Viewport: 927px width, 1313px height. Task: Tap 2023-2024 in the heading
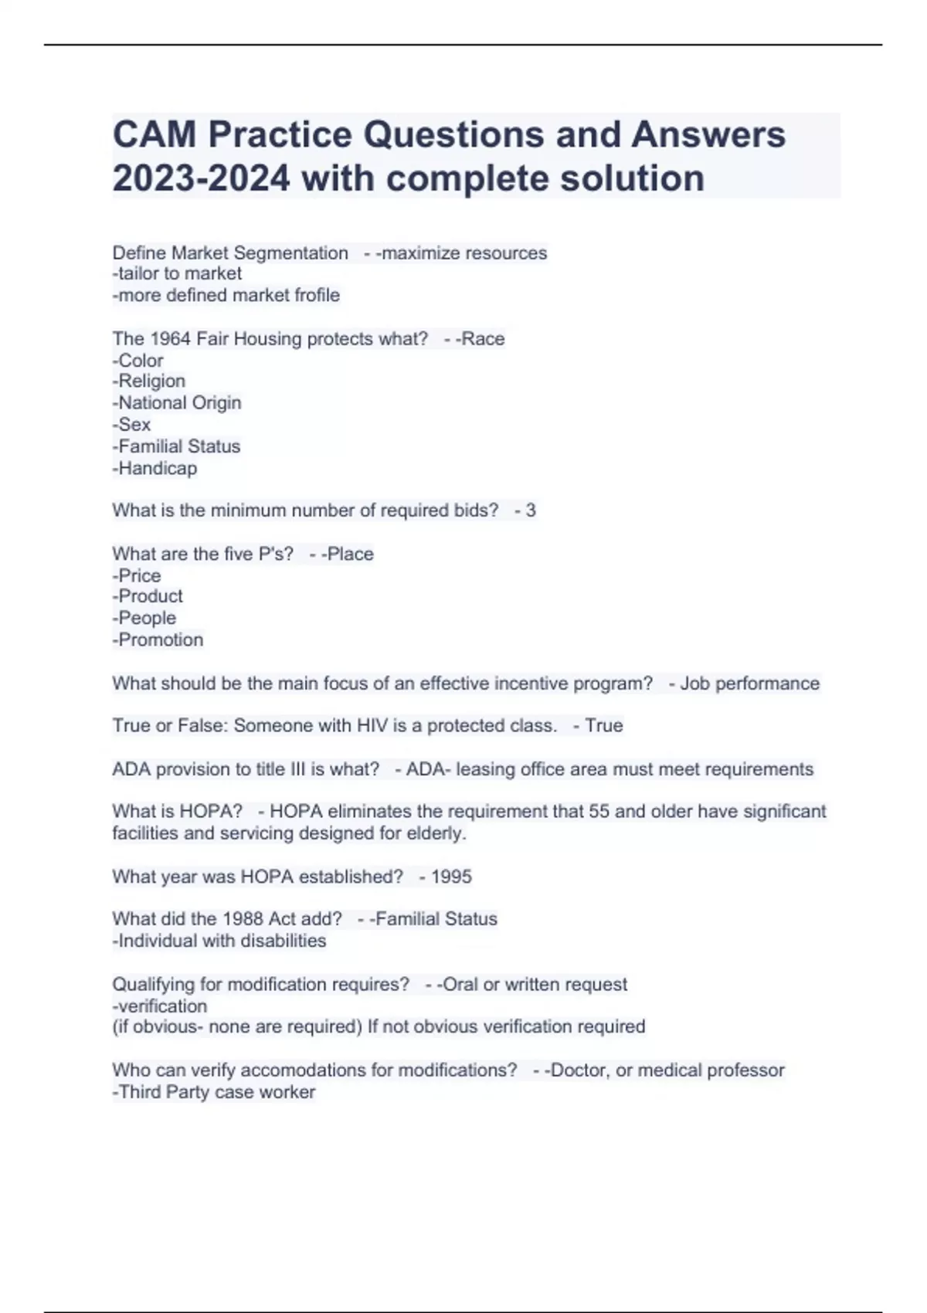[201, 178]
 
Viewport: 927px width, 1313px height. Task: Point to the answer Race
[483, 338]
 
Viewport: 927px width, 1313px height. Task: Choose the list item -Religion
[149, 381]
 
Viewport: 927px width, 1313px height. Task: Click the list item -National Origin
[177, 402]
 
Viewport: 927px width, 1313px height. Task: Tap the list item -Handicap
[154, 468]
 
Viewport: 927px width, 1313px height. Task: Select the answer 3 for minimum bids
[530, 510]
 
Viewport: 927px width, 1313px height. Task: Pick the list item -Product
[148, 596]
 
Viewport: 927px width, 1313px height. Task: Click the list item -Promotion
[158, 640]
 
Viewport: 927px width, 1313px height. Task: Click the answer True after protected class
[603, 725]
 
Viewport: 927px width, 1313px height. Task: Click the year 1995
[451, 877]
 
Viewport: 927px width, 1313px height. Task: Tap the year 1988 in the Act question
[243, 919]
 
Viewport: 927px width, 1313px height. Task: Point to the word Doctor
[577, 1070]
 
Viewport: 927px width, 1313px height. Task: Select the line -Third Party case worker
[214, 1092]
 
